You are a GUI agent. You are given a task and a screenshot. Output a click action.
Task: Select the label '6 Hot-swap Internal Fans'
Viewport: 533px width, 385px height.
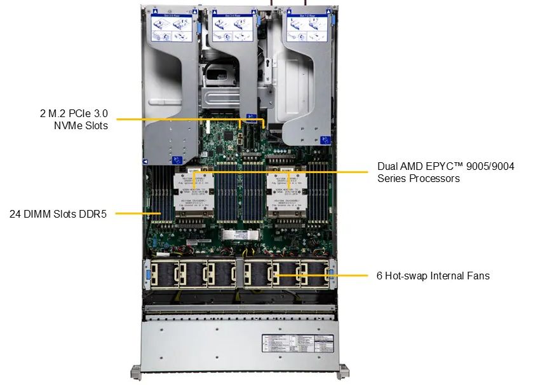433,276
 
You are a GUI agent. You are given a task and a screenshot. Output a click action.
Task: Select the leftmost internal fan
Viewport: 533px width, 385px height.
163,273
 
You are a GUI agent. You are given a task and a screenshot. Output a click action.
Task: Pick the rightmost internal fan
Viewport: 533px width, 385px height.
315,273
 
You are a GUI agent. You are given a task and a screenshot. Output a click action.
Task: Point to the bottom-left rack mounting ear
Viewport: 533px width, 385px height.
135,372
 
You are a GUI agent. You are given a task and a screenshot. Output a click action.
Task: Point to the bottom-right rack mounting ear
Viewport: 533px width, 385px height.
344,372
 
